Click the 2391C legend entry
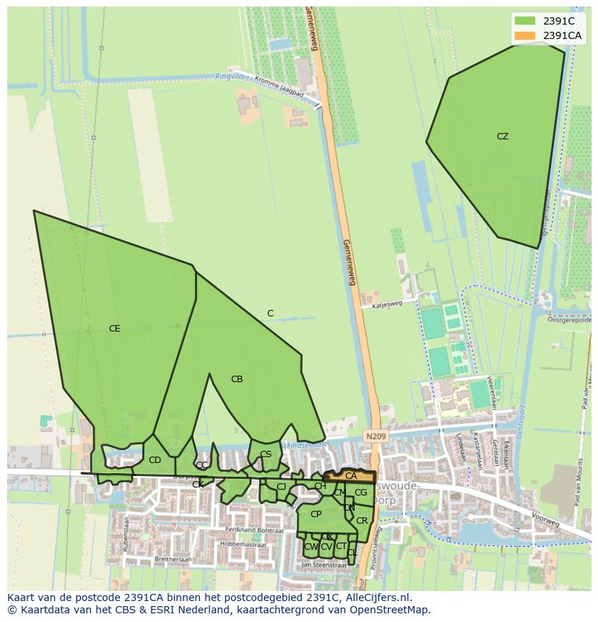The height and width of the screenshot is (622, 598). click(558, 21)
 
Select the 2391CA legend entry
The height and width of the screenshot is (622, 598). click(562, 35)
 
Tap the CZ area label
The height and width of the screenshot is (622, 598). click(503, 137)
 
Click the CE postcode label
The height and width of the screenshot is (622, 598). click(114, 329)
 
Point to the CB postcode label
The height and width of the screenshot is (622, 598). click(237, 379)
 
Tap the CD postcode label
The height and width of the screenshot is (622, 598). click(155, 460)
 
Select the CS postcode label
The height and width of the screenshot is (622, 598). click(266, 454)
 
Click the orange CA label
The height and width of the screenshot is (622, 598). click(351, 476)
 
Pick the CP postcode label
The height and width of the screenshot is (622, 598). click(316, 514)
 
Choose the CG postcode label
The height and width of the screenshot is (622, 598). click(360, 493)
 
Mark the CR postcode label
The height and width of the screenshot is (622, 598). click(362, 521)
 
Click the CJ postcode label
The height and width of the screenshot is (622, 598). click(281, 487)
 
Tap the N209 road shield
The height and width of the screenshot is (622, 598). click(375, 437)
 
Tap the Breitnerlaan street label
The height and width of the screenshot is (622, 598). click(173, 559)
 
